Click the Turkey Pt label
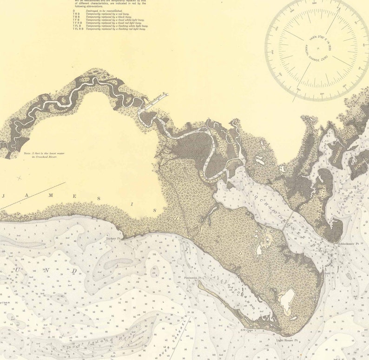(113, 239)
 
